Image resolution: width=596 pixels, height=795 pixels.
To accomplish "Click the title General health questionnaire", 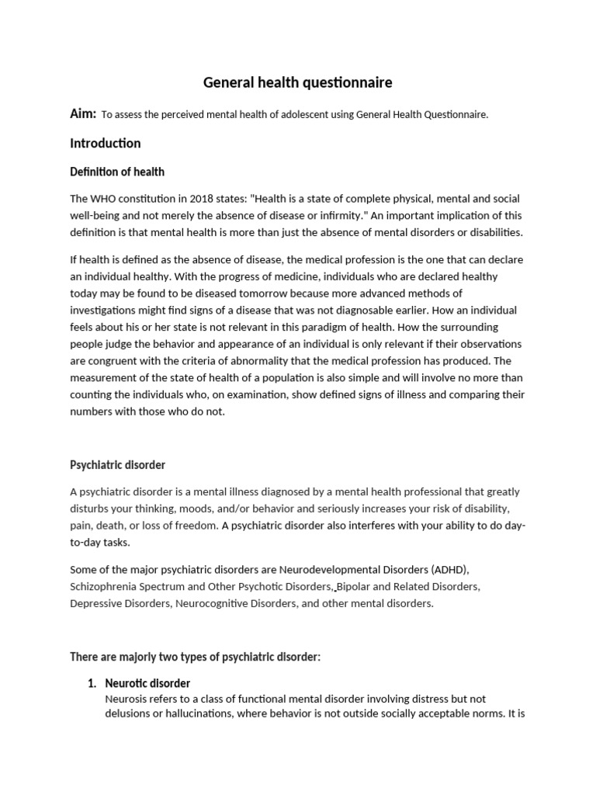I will (297, 82).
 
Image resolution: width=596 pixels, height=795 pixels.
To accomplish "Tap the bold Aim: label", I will (83, 114).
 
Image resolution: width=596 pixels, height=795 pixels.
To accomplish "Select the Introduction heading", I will (106, 143).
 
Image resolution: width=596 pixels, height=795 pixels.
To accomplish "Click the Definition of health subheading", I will (117, 172).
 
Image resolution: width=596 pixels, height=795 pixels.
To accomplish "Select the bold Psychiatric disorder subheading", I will (117, 465).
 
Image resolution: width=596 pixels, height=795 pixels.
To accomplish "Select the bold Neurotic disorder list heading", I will (147, 683).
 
